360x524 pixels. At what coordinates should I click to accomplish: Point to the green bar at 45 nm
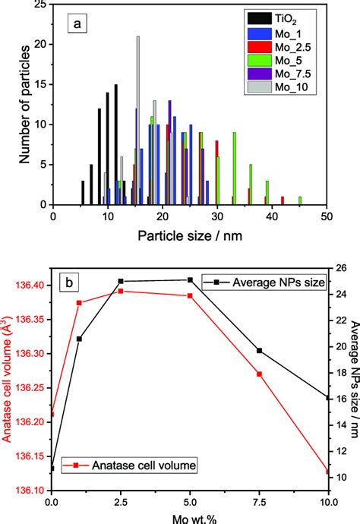(300, 200)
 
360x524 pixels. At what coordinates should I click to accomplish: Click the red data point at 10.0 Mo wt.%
(328, 472)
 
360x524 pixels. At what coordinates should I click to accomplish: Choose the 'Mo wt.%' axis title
(188, 517)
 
